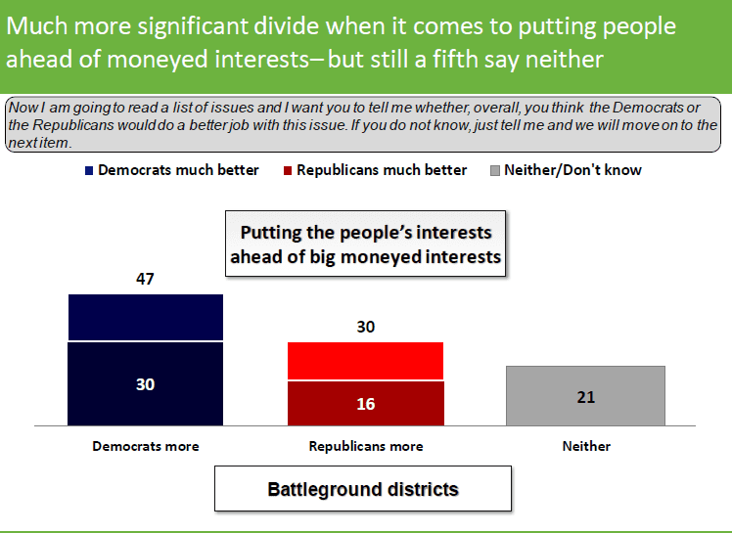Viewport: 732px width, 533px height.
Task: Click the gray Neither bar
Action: point(585,396)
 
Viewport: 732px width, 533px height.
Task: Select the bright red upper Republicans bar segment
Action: point(366,361)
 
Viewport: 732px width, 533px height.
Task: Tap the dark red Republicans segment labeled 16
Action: point(366,404)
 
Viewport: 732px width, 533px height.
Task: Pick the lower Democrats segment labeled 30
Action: point(145,384)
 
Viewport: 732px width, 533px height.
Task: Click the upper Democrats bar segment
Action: point(146,318)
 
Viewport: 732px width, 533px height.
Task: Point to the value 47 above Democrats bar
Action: point(145,279)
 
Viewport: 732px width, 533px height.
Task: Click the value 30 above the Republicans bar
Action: point(366,327)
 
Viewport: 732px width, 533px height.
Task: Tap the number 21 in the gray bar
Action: point(586,397)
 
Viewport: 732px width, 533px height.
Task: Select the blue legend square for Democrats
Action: point(89,171)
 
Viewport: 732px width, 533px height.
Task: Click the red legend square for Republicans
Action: point(288,171)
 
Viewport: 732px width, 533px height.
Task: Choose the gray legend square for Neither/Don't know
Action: point(495,171)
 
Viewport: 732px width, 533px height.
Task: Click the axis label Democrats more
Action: point(146,446)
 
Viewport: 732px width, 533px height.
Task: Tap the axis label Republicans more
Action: point(366,446)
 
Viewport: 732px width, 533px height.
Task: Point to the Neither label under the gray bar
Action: point(586,446)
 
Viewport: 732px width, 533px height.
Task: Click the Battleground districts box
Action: point(363,489)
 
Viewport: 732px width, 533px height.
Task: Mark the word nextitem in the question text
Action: point(39,143)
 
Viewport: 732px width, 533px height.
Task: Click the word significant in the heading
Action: point(192,26)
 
